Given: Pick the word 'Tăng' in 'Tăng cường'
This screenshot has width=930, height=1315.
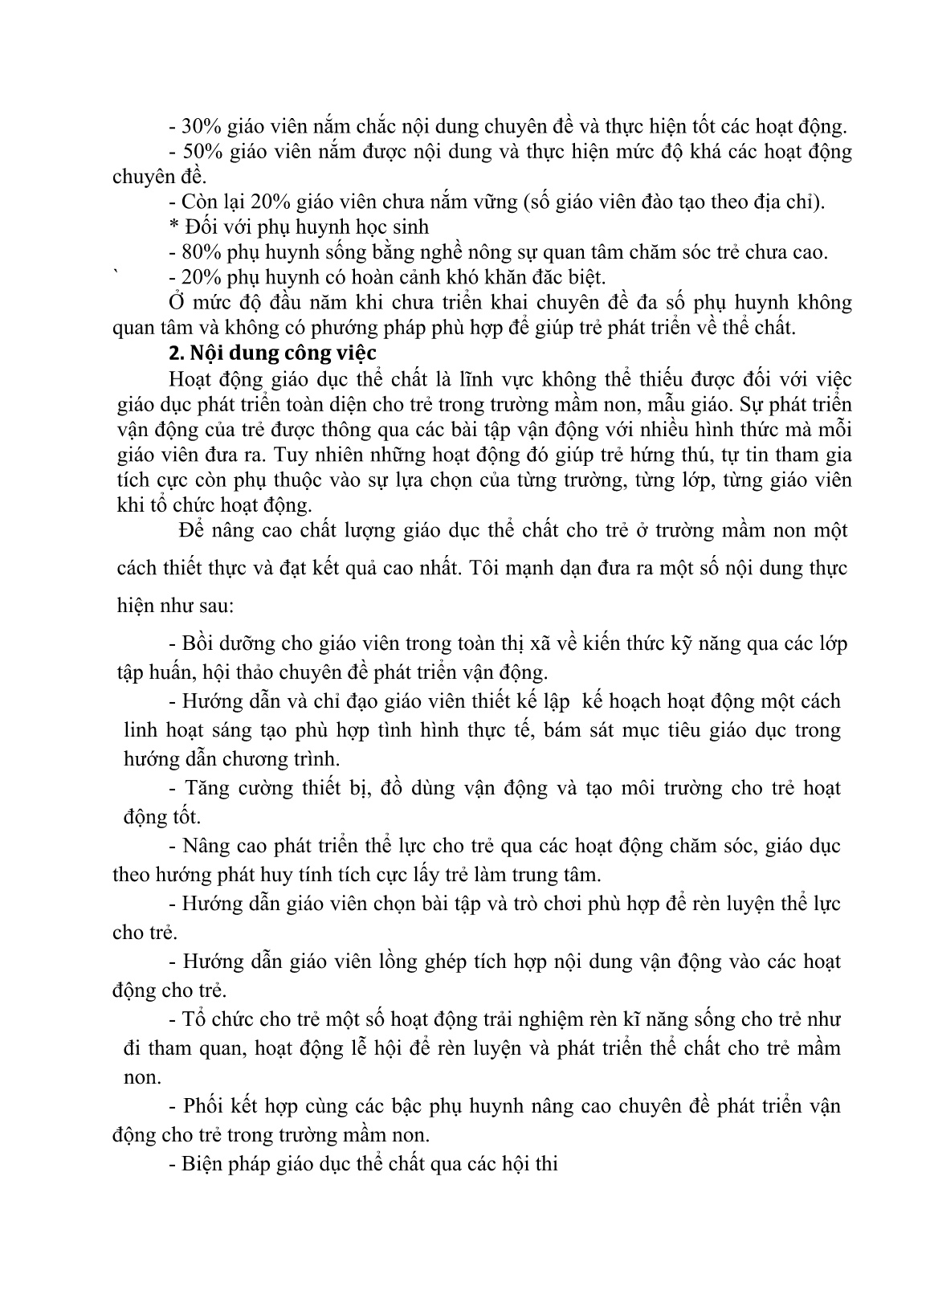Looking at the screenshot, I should coord(205,788).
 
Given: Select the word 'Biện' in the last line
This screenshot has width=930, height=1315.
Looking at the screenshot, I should coord(205,1164).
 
